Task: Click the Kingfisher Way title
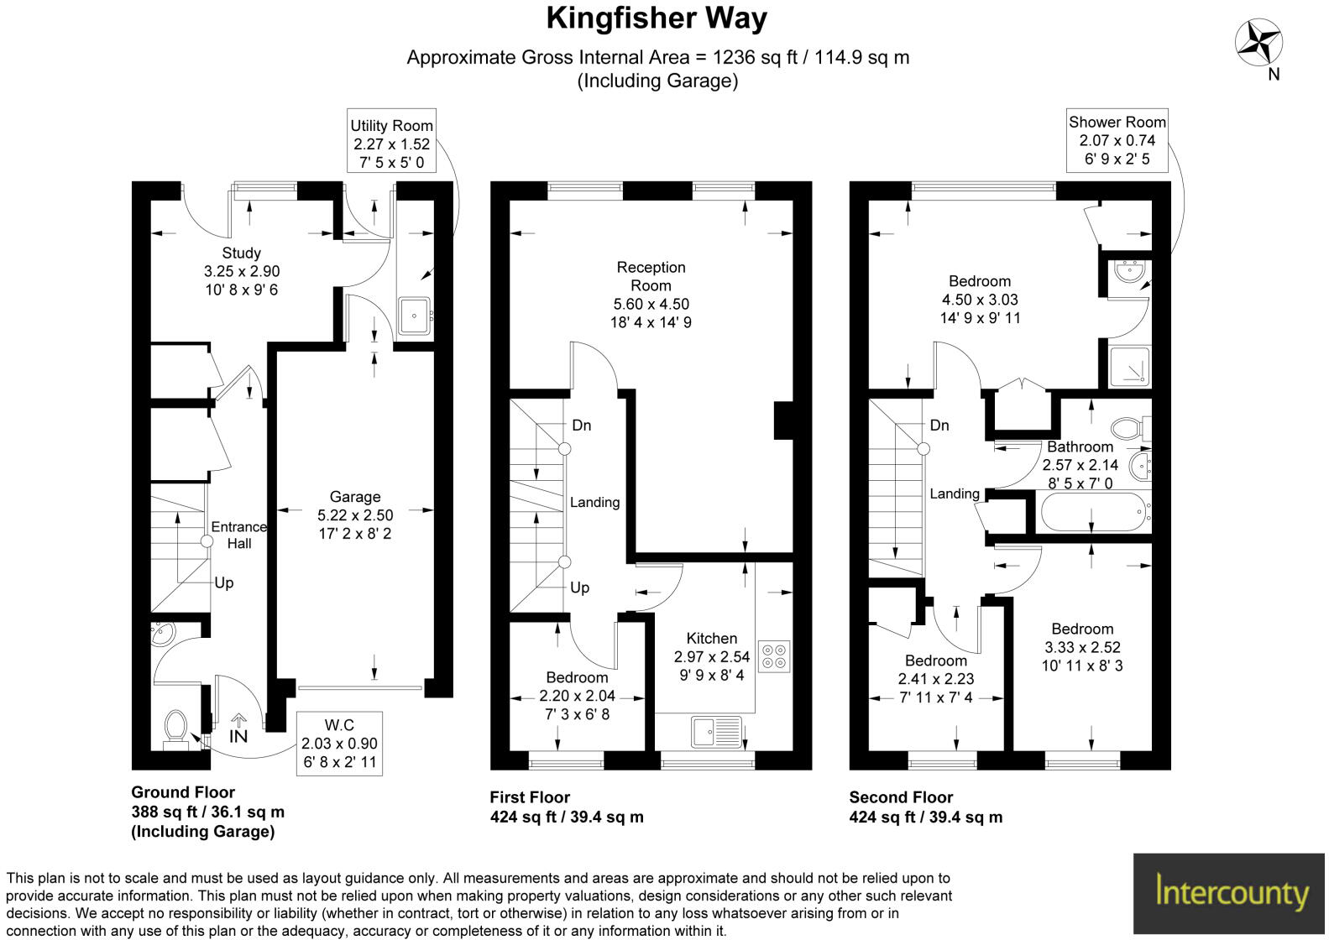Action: coord(657,18)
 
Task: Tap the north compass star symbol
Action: coord(1258,42)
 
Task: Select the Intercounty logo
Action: coord(1231,892)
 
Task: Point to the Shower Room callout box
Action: coord(1117,140)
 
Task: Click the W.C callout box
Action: coord(339,743)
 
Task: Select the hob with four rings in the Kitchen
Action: coord(773,655)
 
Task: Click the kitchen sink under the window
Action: coord(716,731)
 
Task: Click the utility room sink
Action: coord(414,316)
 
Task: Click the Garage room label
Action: coord(354,497)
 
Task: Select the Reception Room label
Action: coord(651,276)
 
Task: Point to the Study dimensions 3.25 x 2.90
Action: coord(241,271)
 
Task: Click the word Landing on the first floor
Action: coord(594,502)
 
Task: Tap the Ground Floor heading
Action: coord(183,792)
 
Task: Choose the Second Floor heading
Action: coord(901,797)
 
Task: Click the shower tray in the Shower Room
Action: coord(1129,366)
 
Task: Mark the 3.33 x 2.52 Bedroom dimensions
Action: coord(1082,647)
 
